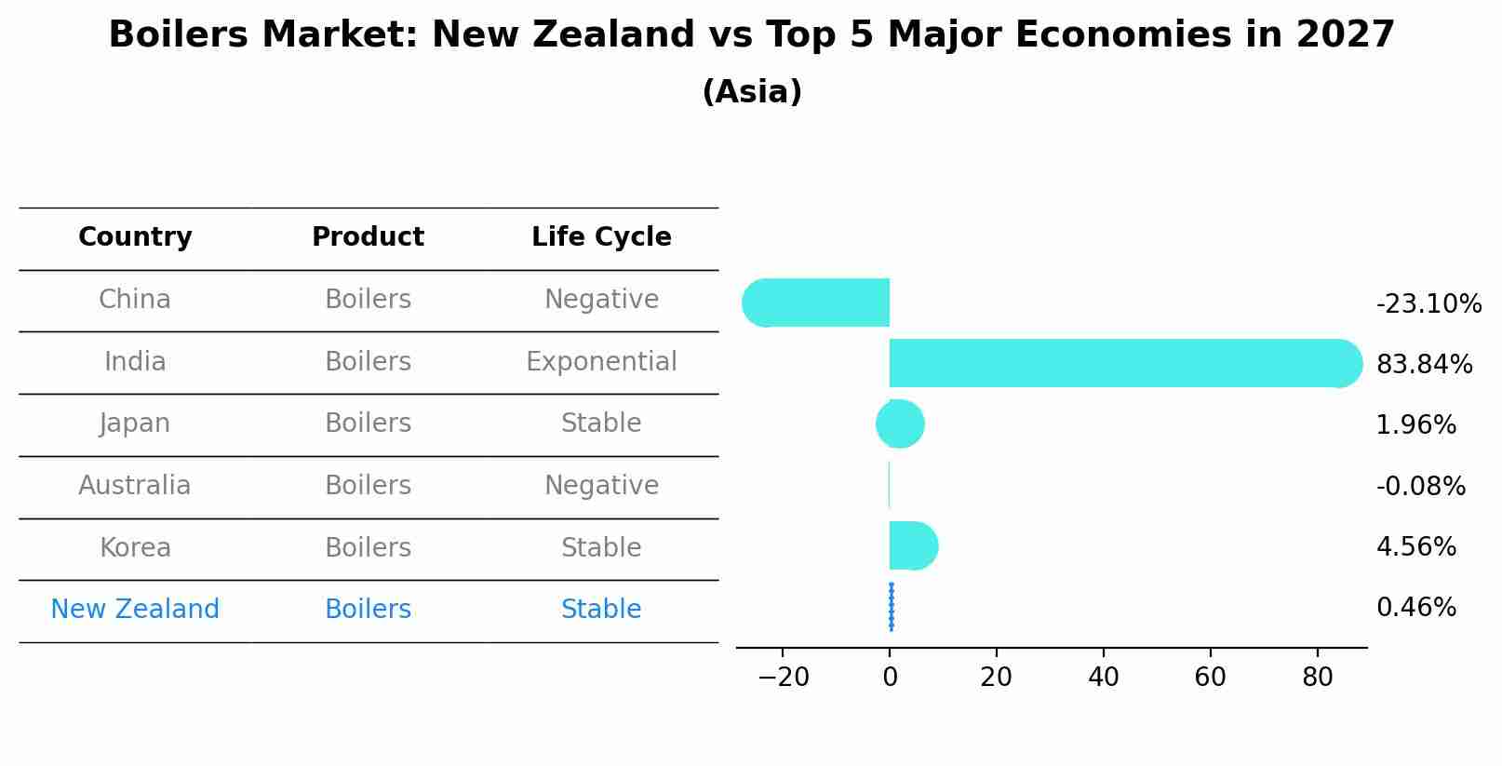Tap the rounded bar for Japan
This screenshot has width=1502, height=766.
point(900,424)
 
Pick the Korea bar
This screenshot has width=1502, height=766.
point(912,545)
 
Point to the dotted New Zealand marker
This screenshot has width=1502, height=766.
point(892,607)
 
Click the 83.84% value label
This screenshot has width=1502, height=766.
point(1424,364)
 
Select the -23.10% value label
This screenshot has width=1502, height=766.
point(1428,303)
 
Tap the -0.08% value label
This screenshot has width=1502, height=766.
point(1420,486)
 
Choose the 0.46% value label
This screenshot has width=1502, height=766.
point(1415,607)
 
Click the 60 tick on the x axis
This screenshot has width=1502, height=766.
point(1210,677)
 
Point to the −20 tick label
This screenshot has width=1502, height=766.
point(783,677)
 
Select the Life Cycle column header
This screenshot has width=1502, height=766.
point(601,237)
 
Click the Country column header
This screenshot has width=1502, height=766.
point(135,237)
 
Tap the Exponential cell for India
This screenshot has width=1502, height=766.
point(601,361)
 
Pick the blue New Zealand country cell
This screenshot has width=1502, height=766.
point(135,609)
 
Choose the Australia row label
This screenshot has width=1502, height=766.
point(135,485)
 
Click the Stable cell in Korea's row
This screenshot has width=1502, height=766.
point(601,547)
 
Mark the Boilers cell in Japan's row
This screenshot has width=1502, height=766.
point(368,423)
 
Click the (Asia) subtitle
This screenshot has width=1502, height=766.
point(752,91)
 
